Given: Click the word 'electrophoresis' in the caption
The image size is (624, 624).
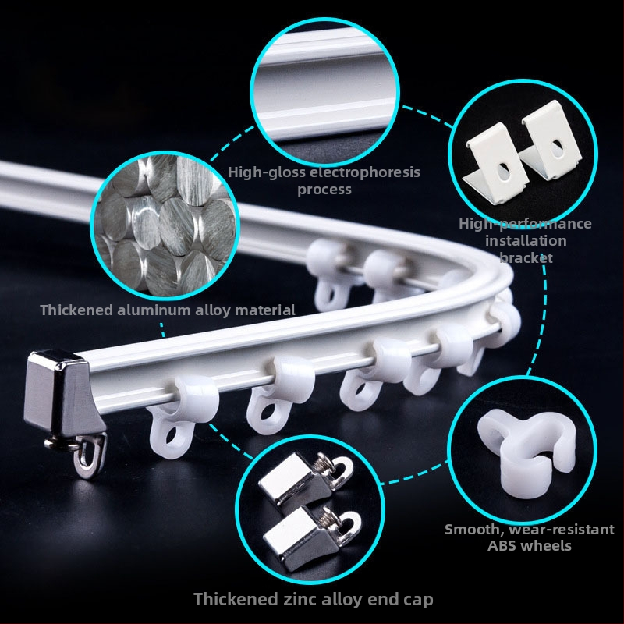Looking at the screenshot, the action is click(x=364, y=172).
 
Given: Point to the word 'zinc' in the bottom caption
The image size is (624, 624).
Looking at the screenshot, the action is click(x=300, y=599).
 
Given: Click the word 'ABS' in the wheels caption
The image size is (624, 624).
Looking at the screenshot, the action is click(x=502, y=545).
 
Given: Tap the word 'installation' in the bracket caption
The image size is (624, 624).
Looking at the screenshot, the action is click(x=526, y=241).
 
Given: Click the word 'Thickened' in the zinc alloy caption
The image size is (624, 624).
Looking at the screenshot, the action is click(x=236, y=599).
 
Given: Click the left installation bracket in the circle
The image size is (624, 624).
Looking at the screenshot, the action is click(x=495, y=164).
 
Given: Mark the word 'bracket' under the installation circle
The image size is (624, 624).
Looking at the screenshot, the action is click(x=526, y=258).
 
